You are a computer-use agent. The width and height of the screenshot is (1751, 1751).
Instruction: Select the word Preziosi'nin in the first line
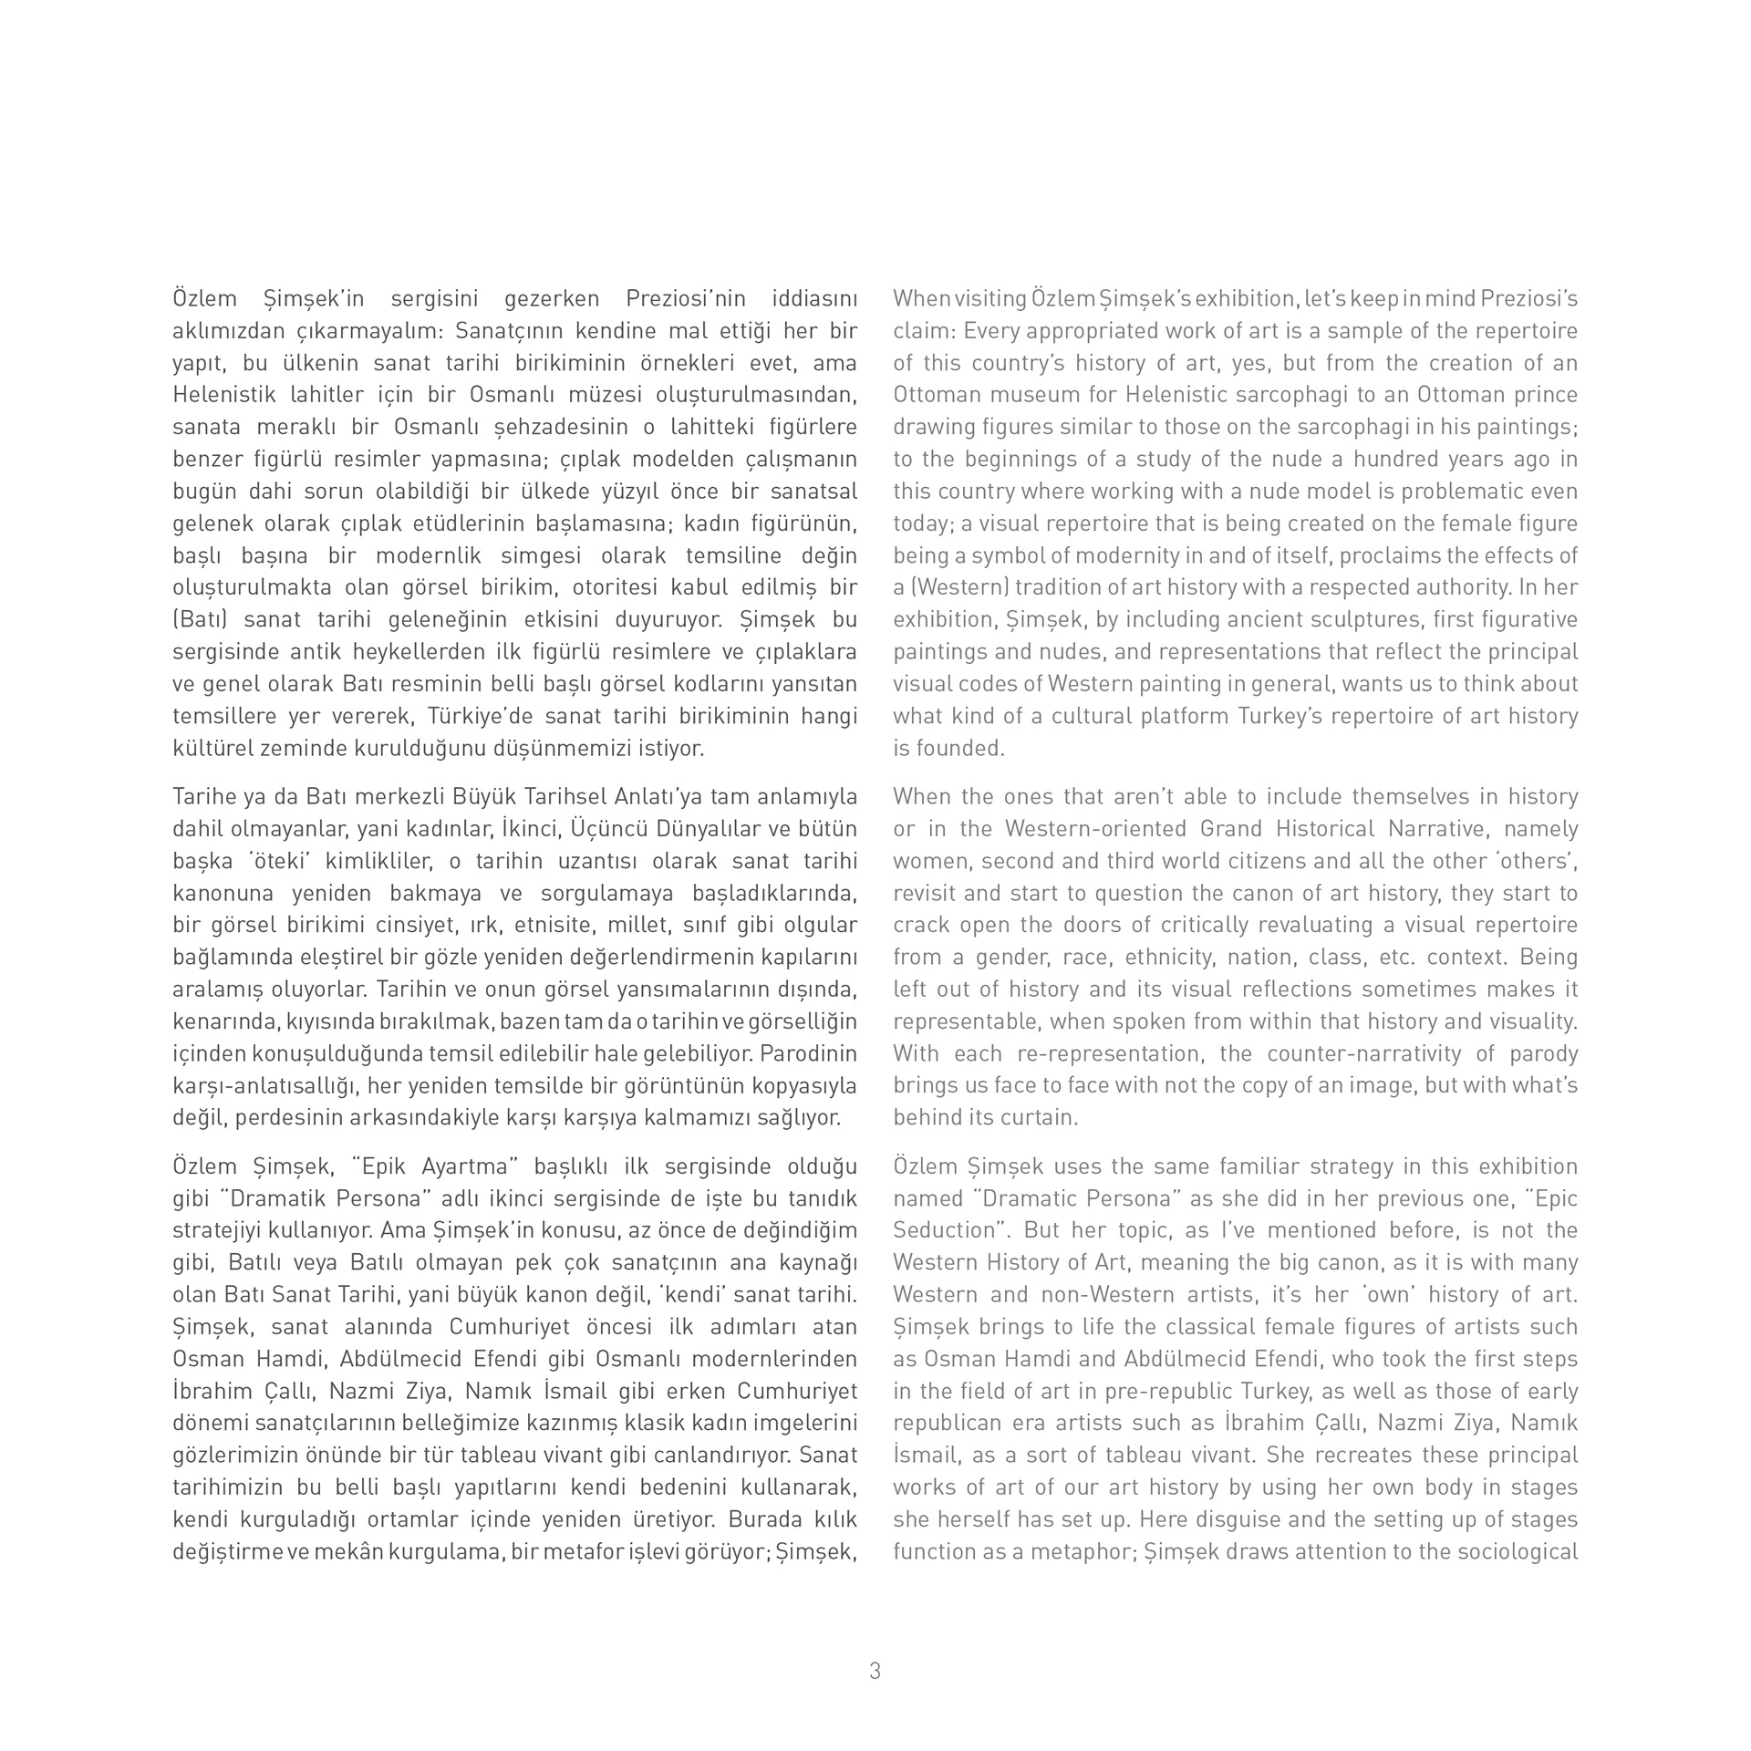(686, 299)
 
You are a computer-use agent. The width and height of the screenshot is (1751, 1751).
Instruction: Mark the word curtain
(1043, 1117)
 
